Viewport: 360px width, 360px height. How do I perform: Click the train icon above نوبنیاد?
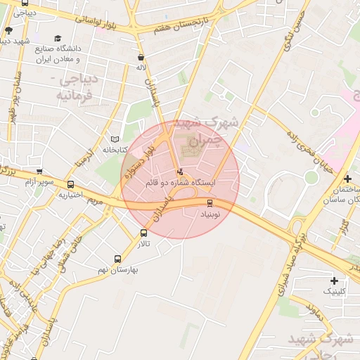210,203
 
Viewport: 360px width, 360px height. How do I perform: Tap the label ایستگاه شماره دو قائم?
180,182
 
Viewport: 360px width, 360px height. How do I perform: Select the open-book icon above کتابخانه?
116,140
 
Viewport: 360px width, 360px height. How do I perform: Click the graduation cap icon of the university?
58,39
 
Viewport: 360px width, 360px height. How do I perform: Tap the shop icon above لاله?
141,58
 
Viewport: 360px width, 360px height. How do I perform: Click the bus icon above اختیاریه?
70,184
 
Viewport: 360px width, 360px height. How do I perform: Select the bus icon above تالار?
143,233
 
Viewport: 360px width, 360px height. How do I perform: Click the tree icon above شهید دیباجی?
8,30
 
